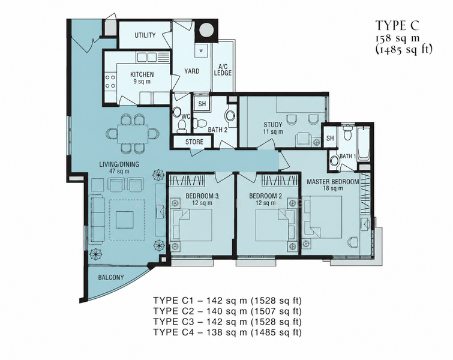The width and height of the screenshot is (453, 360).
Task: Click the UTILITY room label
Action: coord(145,35)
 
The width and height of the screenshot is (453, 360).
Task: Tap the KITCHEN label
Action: coord(142,74)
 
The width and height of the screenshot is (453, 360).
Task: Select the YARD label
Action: coord(192,71)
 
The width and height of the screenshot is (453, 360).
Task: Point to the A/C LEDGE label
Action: coord(223,70)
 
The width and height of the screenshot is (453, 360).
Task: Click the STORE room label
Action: coord(194,142)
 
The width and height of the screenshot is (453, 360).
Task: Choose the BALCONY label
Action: coord(111,277)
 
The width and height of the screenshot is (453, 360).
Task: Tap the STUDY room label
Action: coord(273,125)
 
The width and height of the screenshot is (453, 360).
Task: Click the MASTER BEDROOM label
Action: coord(333,182)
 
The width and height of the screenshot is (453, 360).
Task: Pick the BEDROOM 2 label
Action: coord(266,196)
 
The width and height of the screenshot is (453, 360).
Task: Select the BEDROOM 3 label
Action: coord(202,196)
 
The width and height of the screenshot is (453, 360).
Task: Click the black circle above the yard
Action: coord(206,30)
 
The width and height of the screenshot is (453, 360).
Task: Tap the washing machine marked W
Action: coord(201,51)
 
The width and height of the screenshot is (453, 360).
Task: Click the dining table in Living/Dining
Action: coord(133,133)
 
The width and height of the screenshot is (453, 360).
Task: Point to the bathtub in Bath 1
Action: coord(364,143)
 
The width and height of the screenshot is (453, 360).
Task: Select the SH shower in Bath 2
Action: coord(202,103)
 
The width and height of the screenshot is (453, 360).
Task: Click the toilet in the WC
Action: coord(182,126)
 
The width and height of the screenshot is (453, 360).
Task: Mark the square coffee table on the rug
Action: coord(125,220)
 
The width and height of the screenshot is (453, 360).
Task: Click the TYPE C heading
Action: coord(397,25)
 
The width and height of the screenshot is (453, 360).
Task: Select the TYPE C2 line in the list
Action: coord(227,311)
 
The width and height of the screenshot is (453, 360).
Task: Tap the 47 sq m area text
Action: coord(119,171)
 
